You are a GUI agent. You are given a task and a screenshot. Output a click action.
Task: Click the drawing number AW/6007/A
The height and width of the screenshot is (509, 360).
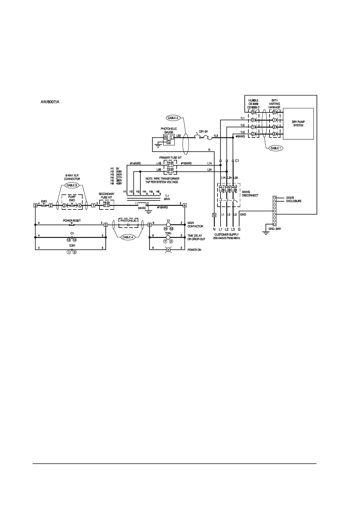50,102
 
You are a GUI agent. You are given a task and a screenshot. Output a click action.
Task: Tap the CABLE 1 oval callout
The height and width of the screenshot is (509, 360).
275,148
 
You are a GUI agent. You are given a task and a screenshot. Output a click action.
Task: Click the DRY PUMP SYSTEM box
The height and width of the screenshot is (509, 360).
298,124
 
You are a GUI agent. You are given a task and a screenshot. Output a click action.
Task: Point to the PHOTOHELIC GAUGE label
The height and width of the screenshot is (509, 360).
169,130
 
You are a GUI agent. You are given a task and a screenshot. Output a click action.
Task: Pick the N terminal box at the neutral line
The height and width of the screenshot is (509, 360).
214,215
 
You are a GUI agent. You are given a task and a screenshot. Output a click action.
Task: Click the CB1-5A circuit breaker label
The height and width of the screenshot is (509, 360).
203,132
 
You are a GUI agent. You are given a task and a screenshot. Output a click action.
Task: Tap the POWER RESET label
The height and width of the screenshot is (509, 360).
72,221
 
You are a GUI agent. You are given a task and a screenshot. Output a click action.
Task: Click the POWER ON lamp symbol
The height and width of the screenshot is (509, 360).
169,250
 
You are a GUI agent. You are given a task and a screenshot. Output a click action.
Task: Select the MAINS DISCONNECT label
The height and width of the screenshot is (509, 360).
250,193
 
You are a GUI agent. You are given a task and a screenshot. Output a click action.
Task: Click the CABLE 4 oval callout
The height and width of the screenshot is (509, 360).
127,237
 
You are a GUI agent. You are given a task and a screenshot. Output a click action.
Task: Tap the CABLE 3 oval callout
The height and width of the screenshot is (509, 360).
72,185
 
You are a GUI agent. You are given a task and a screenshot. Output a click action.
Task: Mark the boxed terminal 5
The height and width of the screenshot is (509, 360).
106,225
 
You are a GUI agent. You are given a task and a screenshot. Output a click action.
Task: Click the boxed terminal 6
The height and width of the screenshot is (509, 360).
149,225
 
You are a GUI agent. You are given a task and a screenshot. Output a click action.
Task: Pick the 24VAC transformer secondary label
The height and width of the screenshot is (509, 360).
142,208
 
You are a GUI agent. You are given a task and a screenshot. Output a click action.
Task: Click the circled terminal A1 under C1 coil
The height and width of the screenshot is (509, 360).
165,229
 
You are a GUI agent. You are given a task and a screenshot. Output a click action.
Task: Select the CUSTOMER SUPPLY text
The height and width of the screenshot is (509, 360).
227,235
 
